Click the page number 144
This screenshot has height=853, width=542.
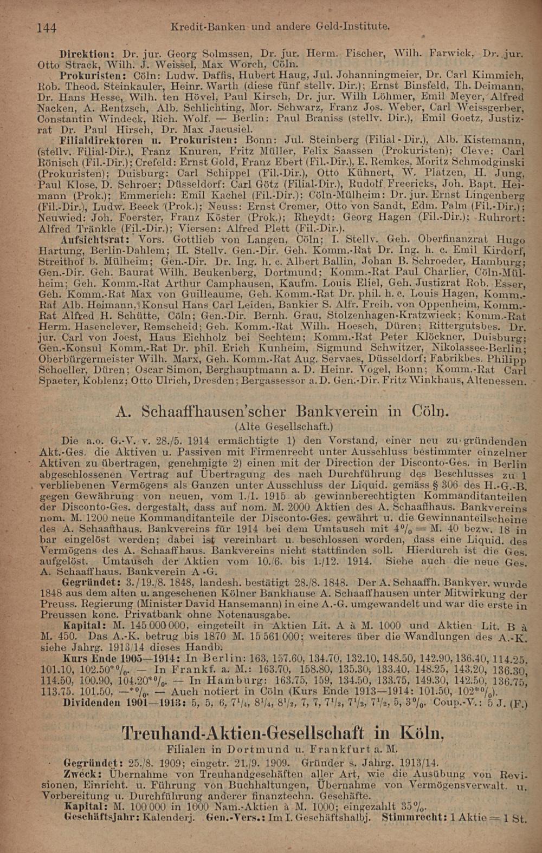coord(47,28)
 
